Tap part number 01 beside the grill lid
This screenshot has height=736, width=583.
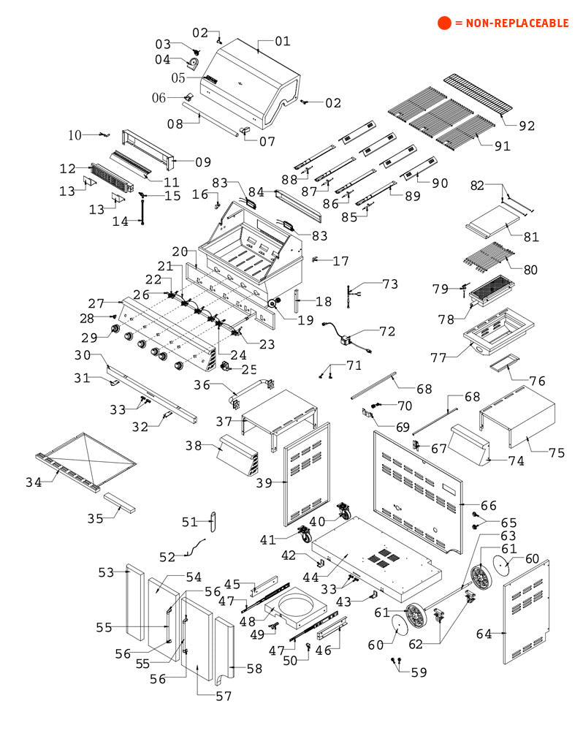pos(283,41)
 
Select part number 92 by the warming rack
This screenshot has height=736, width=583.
pos(527,126)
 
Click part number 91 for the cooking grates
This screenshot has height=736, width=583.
pos(502,146)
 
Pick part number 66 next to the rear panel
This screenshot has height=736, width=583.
pos(488,505)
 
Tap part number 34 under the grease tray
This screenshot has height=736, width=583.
pos(34,482)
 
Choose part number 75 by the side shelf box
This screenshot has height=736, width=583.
pos(557,453)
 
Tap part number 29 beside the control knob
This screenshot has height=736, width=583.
pos(90,338)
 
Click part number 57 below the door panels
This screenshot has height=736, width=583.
pos(224,696)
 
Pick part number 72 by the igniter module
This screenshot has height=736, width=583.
pos(387,331)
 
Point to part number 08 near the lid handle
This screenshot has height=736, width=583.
pos(175,124)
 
